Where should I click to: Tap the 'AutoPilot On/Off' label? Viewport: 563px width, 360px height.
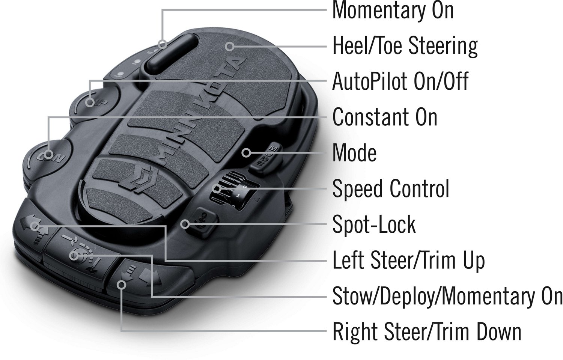(x=400, y=81)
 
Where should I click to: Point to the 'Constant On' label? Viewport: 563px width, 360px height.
(x=385, y=117)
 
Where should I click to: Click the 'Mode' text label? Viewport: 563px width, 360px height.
(x=354, y=153)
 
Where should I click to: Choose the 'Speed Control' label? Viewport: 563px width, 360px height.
(x=391, y=188)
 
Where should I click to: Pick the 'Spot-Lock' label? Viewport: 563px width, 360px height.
(x=374, y=224)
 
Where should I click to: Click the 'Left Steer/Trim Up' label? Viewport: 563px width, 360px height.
(x=408, y=261)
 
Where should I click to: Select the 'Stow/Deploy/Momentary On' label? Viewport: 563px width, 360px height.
(x=447, y=297)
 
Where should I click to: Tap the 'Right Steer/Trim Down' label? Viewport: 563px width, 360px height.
(x=427, y=332)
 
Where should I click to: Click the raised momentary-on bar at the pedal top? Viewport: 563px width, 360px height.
(x=171, y=51)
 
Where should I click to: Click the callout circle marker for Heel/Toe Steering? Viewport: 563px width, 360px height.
(x=229, y=46)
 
